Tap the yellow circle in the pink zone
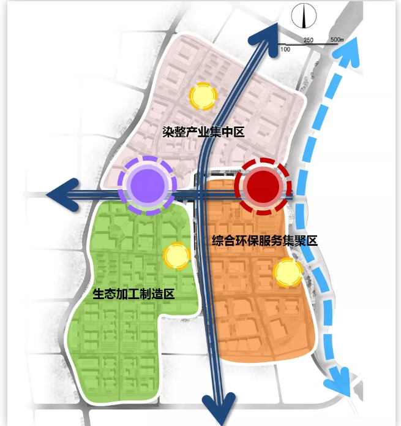202,96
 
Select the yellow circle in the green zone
176,257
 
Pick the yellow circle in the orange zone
288,273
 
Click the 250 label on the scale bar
309,40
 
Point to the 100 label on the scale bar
285,48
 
